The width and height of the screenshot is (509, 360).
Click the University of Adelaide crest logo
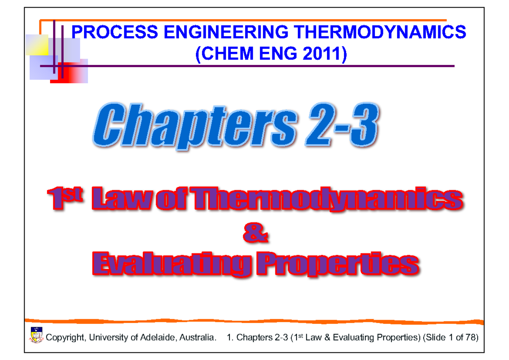(x=36, y=335)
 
